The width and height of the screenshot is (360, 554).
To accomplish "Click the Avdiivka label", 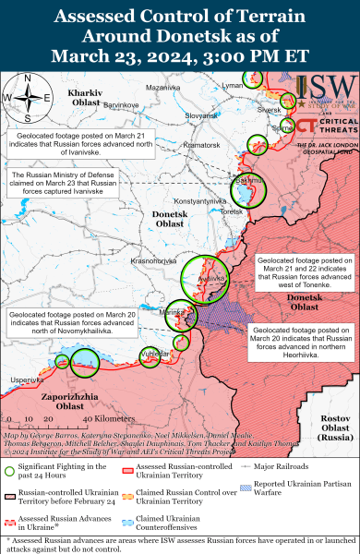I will (x=213, y=276).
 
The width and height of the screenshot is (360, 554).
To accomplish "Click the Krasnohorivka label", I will (x=153, y=261).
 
